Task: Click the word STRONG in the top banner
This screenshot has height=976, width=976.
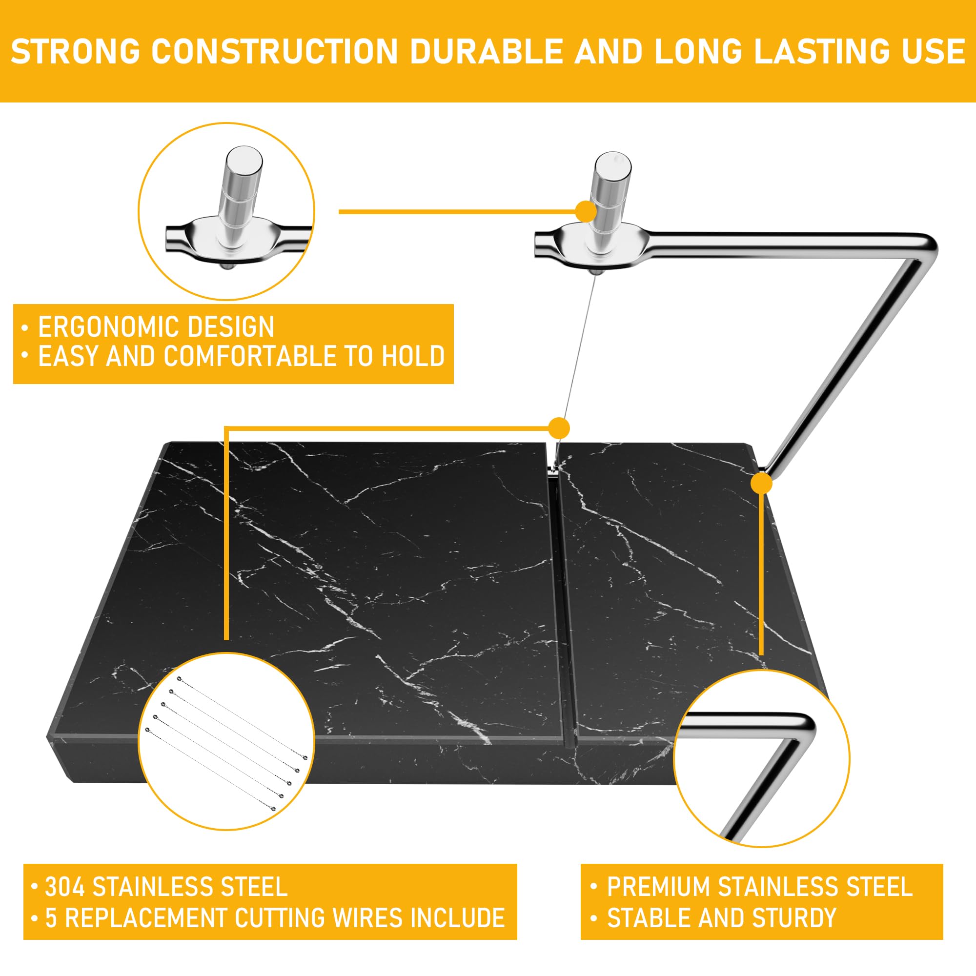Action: [75, 52]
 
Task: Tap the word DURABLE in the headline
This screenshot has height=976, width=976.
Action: [487, 52]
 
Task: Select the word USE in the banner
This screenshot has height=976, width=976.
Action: [934, 52]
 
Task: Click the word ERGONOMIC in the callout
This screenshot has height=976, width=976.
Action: [117, 327]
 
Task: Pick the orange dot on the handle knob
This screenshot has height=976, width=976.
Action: [586, 211]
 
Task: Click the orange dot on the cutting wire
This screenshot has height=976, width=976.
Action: [559, 428]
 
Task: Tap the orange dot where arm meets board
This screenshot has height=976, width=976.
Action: [761, 484]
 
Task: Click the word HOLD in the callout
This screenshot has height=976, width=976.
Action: [413, 356]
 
